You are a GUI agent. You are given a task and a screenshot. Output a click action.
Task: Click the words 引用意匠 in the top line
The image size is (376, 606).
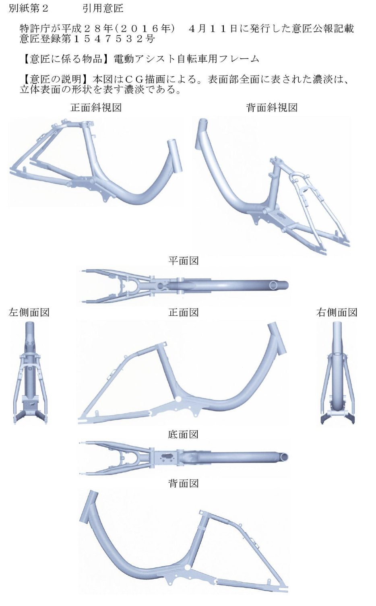pos(103,8)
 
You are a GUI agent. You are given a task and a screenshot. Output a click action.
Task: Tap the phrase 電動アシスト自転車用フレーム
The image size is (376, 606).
pos(186,59)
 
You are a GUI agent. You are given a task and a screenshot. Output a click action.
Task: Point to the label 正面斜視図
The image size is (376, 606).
pos(96,107)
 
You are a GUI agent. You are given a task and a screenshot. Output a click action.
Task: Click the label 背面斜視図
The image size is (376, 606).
pos(272,107)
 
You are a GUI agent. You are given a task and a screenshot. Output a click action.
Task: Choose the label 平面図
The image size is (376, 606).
pos(184,261)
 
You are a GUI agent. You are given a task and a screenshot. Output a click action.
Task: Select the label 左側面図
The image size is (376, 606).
pos(29,312)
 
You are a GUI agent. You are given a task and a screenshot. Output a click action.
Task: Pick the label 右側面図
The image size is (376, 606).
pos(337,312)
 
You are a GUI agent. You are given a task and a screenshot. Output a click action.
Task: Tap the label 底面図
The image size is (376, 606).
pos(184,434)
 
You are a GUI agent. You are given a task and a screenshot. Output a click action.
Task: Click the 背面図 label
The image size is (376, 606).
pos(184,483)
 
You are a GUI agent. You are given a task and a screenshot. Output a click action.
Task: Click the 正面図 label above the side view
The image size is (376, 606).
pos(184,312)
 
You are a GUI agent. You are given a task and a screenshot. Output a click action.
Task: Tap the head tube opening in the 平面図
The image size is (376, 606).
pos(274,285)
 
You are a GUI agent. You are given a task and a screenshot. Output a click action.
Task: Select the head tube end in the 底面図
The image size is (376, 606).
pos(283,457)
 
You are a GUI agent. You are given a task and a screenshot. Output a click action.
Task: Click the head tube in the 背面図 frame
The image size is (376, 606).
pos(89,508)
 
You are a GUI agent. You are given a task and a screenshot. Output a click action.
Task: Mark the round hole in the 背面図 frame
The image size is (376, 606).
pos(188,567)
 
